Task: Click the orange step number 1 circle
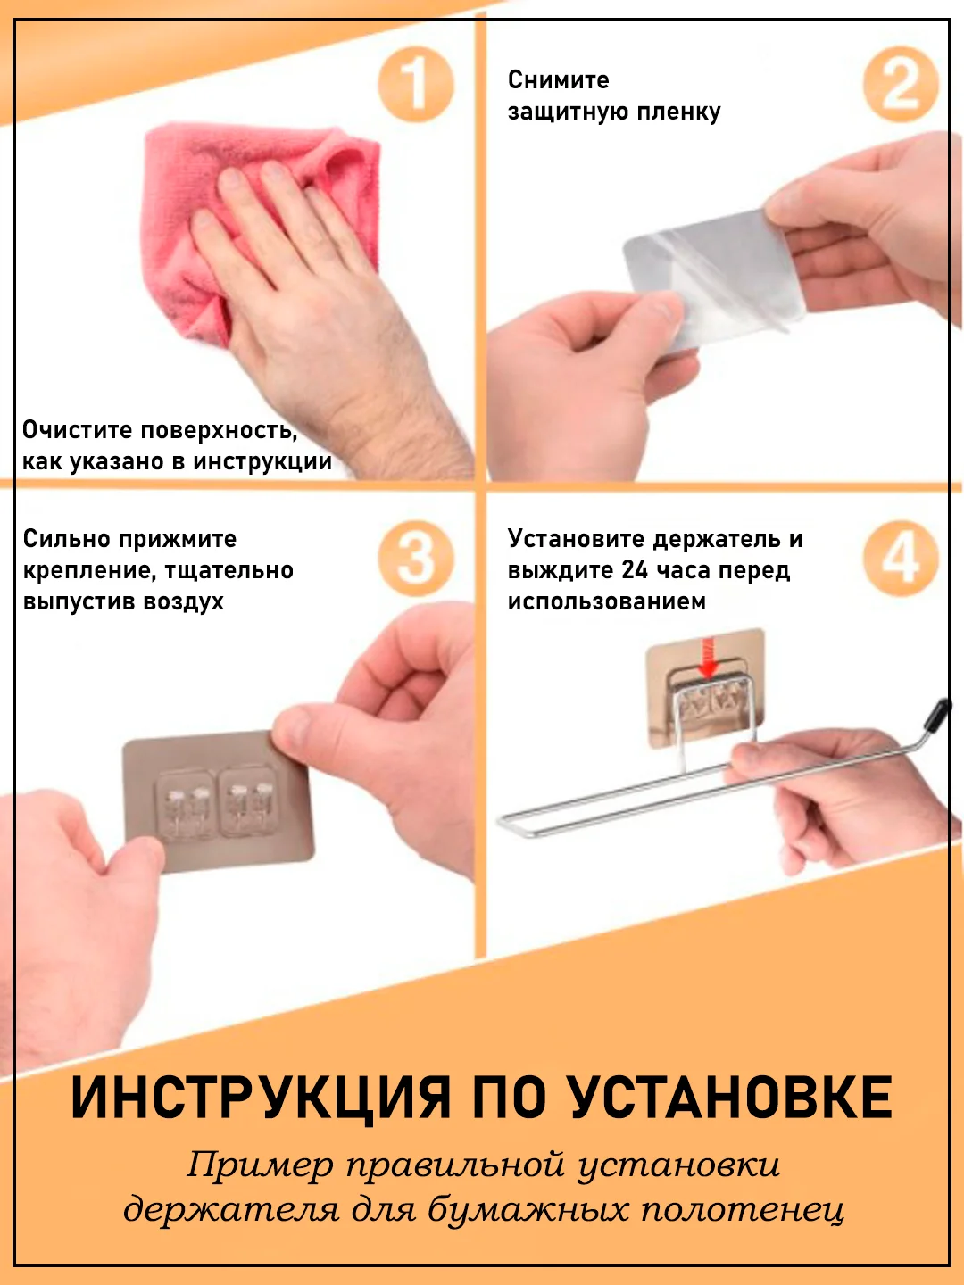(x=416, y=84)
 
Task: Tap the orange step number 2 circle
(x=901, y=84)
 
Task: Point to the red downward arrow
(x=710, y=659)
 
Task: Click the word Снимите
(x=558, y=80)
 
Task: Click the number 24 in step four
(x=636, y=570)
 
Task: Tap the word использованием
(x=606, y=601)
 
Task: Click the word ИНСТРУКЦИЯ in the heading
(x=262, y=1098)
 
